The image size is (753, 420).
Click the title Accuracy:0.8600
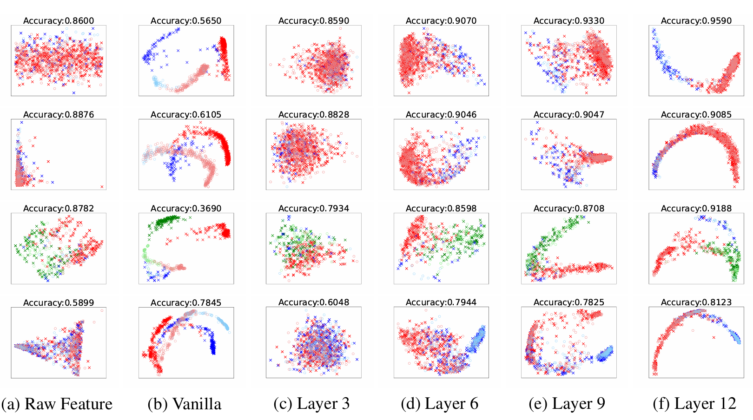[x=59, y=21]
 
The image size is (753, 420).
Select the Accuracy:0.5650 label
[x=186, y=21]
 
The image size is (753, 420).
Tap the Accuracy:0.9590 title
[x=696, y=21]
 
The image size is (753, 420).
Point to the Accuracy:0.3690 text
[x=186, y=209]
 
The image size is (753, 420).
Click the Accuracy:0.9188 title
[x=696, y=209]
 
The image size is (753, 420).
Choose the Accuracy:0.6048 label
[x=314, y=302]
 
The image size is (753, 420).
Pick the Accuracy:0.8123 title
[x=696, y=302]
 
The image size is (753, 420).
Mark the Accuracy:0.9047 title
[x=569, y=115]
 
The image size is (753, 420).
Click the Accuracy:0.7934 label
[x=314, y=209]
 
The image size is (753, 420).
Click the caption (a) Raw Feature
[x=57, y=404]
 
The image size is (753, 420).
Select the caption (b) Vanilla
[x=185, y=404]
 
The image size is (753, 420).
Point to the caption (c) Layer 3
[x=311, y=404]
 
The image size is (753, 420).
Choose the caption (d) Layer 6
[x=440, y=404]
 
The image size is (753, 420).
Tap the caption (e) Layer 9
[x=567, y=404]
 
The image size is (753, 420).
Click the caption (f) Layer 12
[x=694, y=404]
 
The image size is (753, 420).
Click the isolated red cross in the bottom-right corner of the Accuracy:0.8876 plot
[x=102, y=187]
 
